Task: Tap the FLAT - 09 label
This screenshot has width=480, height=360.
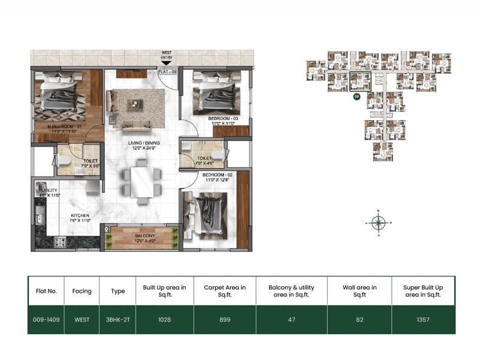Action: click(167, 71)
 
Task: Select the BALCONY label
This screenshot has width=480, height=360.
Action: click(145, 236)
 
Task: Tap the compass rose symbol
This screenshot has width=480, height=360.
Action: click(378, 222)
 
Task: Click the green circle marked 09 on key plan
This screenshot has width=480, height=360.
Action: click(356, 96)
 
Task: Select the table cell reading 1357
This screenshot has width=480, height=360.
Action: click(423, 320)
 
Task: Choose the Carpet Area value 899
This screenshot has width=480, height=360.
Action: click(224, 320)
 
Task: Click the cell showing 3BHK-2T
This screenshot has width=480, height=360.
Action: click(118, 320)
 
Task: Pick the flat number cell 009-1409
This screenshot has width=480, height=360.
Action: click(46, 320)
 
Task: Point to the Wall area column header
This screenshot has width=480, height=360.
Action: click(359, 291)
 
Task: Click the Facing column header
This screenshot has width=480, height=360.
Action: click(82, 291)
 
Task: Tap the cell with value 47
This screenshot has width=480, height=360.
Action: click(292, 320)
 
